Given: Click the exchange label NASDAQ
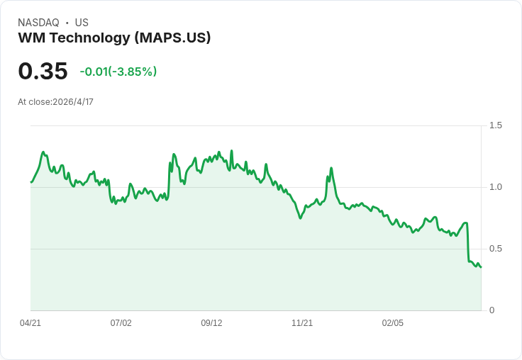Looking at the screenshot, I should (x=38, y=23).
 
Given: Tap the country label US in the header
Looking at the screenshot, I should (x=82, y=23).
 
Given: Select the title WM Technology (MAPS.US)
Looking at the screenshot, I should (x=114, y=38).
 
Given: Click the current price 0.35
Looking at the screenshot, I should (x=43, y=72).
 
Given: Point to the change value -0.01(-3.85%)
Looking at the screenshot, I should (x=118, y=72).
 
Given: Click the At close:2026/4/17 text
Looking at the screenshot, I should (x=55, y=102).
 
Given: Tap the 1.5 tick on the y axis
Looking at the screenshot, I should (x=496, y=125).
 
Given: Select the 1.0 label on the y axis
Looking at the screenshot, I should (x=496, y=187).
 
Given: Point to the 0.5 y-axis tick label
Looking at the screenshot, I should (x=496, y=249).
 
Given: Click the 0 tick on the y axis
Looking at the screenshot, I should (x=492, y=310).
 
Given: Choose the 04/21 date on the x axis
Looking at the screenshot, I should (x=30, y=323).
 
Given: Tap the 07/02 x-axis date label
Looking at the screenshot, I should (x=121, y=323).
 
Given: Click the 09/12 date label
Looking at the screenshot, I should (x=211, y=323).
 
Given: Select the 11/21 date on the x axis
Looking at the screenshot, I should (x=302, y=323).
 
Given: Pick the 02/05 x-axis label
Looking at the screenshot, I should (x=393, y=323).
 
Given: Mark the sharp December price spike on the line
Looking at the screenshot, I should (x=331, y=168).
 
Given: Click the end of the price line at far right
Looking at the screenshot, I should (x=481, y=266).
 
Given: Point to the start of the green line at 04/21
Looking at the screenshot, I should (x=31, y=182).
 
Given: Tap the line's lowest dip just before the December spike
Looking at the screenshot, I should (x=301, y=218).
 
